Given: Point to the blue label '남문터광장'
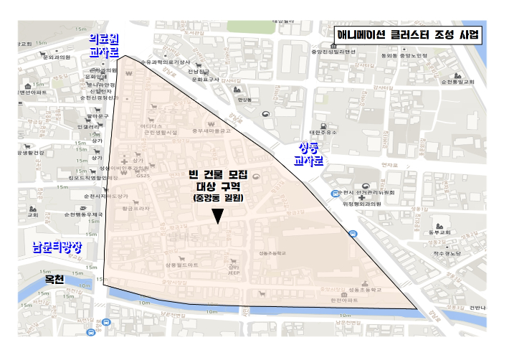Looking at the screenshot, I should click(x=58, y=248).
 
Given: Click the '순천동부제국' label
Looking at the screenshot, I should click(x=83, y=214).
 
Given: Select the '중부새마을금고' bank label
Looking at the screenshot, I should click(x=211, y=131).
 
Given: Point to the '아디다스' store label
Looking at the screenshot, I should click(x=151, y=125).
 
